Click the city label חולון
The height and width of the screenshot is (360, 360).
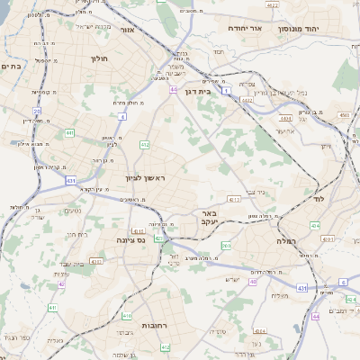(x=98, y=58)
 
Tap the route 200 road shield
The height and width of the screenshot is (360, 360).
(x=226, y=246)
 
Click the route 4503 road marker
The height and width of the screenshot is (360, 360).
(x=345, y=115)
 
